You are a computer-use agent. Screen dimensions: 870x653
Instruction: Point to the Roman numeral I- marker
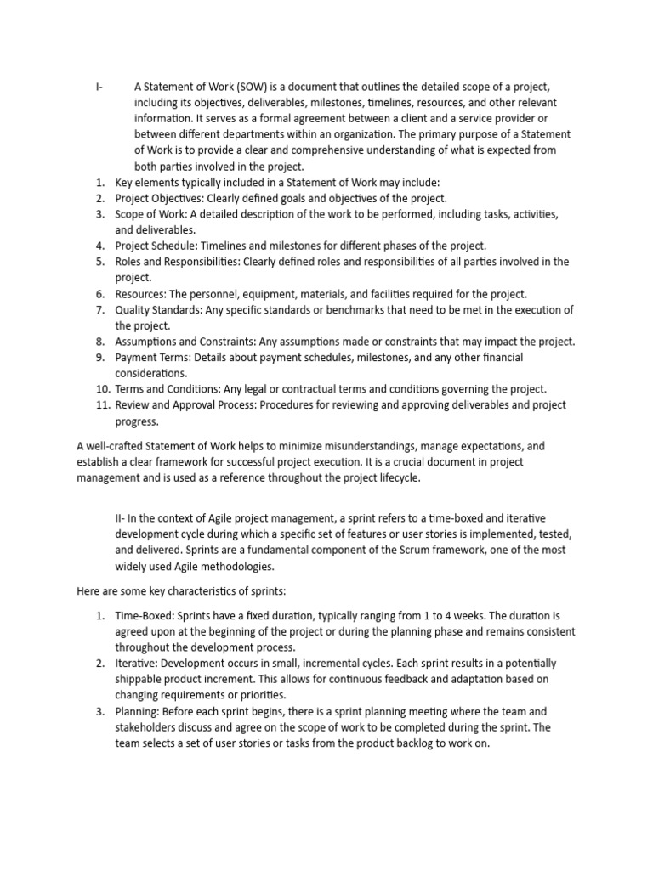(x=99, y=87)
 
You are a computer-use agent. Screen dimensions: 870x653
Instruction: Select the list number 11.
(x=99, y=405)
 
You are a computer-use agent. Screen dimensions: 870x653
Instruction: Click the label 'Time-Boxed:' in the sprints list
(x=145, y=615)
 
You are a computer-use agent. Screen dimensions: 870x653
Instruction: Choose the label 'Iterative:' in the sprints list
(x=139, y=663)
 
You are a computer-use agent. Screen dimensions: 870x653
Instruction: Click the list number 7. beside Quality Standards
(x=99, y=309)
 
